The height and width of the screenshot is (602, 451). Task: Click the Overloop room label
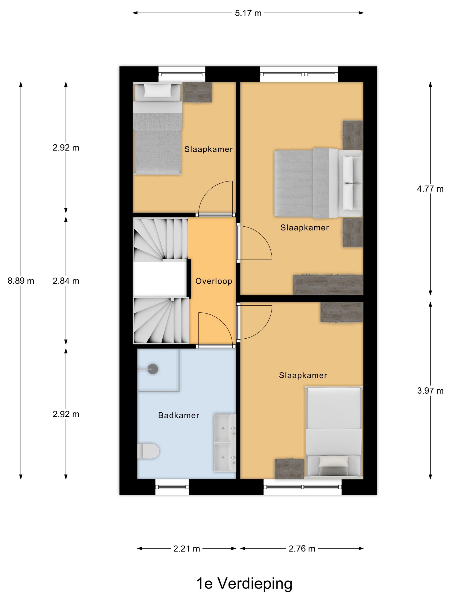(x=214, y=281)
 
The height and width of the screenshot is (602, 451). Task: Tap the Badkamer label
(x=179, y=415)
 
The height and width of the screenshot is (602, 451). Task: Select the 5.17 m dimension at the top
(x=248, y=13)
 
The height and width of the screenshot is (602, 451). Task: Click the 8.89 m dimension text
(x=21, y=281)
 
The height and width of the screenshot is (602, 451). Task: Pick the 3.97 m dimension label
(x=430, y=391)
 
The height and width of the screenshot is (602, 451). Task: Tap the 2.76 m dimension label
(x=302, y=549)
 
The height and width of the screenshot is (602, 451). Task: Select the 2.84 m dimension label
(x=66, y=281)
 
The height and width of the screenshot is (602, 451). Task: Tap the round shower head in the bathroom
(x=153, y=369)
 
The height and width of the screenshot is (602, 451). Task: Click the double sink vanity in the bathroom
(x=225, y=442)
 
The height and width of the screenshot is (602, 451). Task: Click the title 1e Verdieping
(x=244, y=584)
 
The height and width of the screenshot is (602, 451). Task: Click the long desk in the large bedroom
(x=328, y=285)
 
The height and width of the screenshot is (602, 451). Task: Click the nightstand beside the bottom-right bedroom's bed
(x=289, y=469)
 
